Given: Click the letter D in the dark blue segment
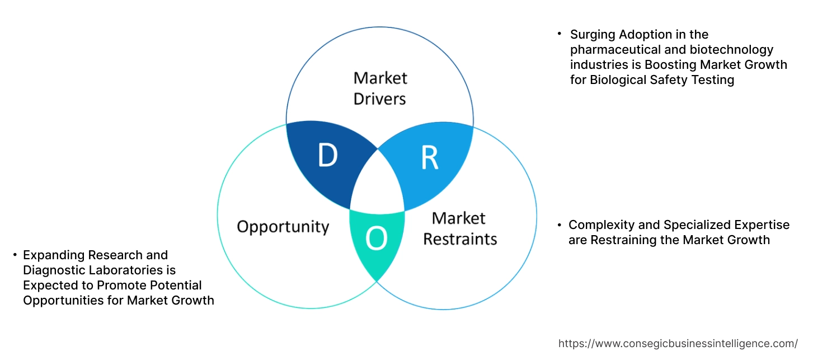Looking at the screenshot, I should point(327,156).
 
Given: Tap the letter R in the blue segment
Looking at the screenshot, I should point(429,158).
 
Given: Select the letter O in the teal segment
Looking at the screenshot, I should point(376,239).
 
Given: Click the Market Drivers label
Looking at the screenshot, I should point(380,88).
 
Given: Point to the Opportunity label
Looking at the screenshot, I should point(283,227).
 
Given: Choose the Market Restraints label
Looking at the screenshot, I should point(460,228).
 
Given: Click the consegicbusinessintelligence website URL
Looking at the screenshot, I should point(678,343).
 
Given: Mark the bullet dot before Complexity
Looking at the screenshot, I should point(560,225).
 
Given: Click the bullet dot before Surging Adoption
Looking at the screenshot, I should point(560,34).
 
